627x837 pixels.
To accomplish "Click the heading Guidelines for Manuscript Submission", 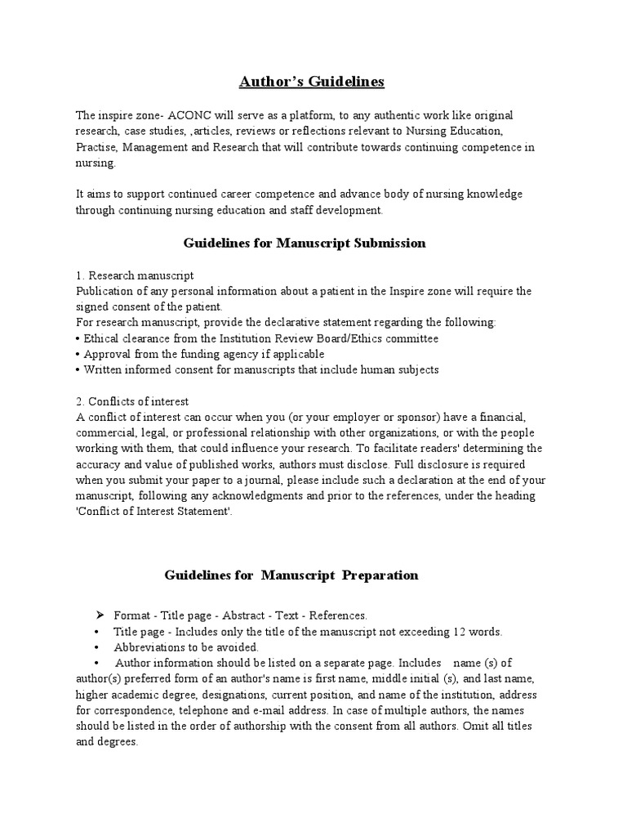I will (x=305, y=243).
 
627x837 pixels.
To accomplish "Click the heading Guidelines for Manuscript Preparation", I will (x=291, y=575).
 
